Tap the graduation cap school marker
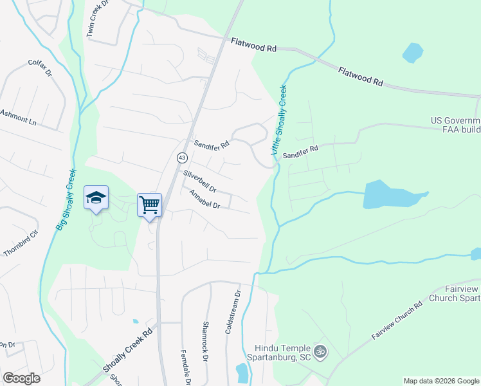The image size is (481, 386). pyautogui.click(x=96, y=198)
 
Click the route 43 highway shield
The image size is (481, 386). pyautogui.click(x=182, y=158)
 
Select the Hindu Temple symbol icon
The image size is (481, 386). pyautogui.click(x=320, y=352)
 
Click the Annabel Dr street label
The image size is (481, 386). pyautogui.click(x=204, y=201)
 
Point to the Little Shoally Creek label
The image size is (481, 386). pyautogui.click(x=278, y=120)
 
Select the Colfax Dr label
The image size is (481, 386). pyautogui.click(x=39, y=68)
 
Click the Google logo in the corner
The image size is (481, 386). pyautogui.click(x=21, y=378)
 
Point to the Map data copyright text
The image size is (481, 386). pyautogui.click(x=440, y=381)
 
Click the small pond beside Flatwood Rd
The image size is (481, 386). pyautogui.click(x=412, y=53)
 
